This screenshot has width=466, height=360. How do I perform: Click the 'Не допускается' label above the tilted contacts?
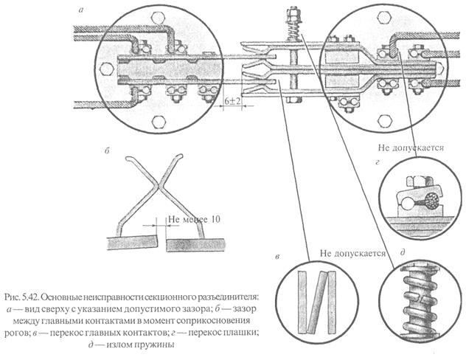coord(353,252)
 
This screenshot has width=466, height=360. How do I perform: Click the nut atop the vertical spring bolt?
coord(290,13)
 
